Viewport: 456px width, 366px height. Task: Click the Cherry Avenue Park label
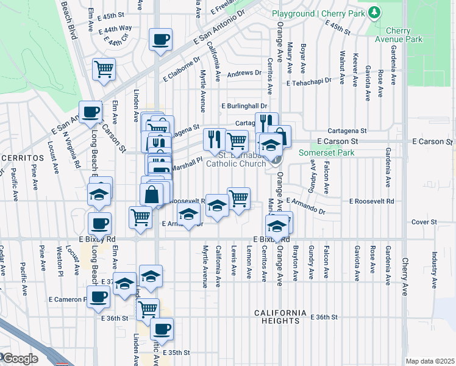pos(404,35)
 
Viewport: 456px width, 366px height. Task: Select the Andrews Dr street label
pos(244,73)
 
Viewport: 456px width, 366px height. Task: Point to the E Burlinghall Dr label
pos(244,106)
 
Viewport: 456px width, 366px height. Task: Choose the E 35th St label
pos(177,353)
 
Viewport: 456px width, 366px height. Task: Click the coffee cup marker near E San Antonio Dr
pos(161,40)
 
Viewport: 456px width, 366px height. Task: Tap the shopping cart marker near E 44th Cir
pos(104,68)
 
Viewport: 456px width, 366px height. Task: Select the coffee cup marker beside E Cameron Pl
pos(99,296)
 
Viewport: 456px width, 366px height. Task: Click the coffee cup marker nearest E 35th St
pos(162,329)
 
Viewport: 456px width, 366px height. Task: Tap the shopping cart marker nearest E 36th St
pos(148,309)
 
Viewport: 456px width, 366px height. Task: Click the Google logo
pos(20,359)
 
